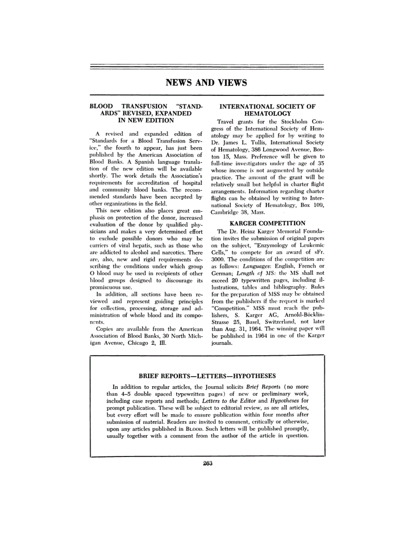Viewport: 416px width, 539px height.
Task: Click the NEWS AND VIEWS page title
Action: pos(207,83)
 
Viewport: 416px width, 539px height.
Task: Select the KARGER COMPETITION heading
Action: pos(267,223)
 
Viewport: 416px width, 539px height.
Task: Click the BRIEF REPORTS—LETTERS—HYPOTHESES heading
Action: pos(207,376)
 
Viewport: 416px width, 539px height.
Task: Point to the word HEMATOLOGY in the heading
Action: pos(267,113)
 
